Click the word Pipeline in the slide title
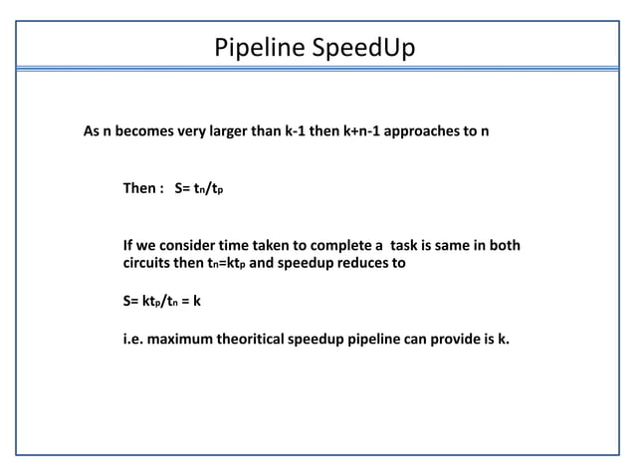253,47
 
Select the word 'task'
409,246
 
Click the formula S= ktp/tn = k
162,300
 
